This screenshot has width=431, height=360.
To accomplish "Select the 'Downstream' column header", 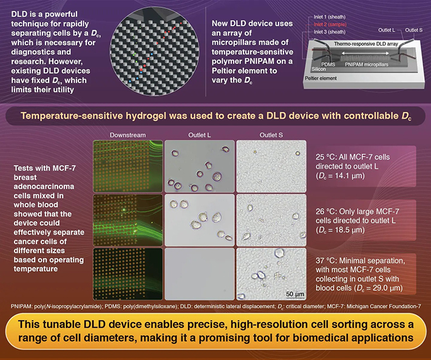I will [x=127, y=134].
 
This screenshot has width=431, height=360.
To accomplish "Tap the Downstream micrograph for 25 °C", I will [x=127, y=165].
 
